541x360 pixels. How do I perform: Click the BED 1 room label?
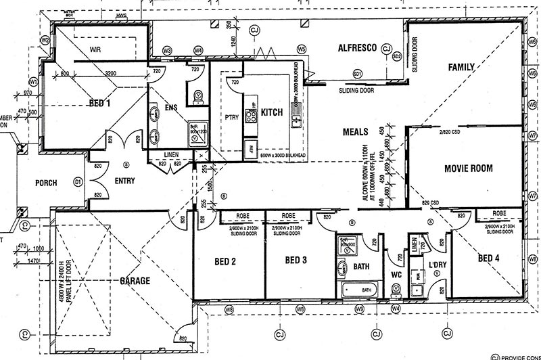tap(99, 104)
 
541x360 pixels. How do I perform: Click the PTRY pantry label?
tap(232, 116)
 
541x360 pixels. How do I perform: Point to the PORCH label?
tap(46, 183)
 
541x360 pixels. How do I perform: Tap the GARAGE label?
tap(135, 280)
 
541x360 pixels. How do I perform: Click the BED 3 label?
tap(296, 261)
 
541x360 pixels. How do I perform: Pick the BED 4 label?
tap(489, 258)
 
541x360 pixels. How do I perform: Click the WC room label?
tap(398, 275)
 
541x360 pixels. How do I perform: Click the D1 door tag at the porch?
tap(77, 183)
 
